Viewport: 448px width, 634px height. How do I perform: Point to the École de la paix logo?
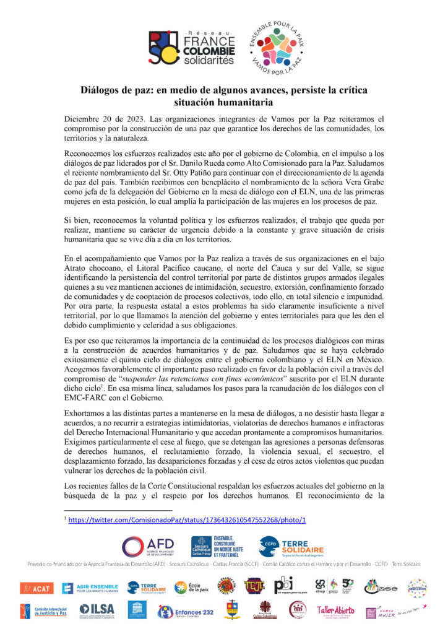click(188, 586)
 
